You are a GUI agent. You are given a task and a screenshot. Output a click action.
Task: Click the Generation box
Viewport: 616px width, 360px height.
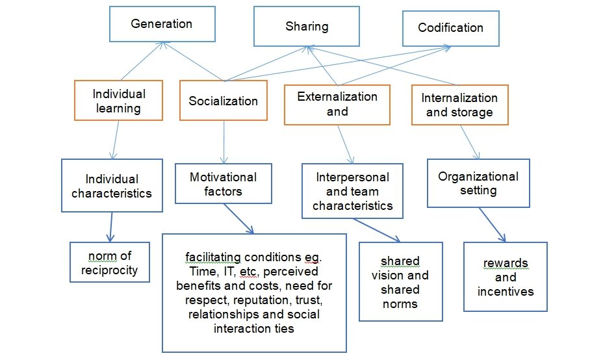pos(161,25)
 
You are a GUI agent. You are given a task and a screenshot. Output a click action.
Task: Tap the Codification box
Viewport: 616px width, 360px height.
pos(450,28)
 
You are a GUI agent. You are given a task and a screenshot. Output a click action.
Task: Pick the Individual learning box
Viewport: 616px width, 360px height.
pos(118,100)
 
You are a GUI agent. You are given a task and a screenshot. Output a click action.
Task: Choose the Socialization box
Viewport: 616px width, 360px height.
pos(223,100)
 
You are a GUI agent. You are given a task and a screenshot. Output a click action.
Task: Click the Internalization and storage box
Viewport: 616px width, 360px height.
pos(459,105)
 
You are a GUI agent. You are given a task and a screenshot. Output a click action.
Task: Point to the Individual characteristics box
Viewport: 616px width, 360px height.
pos(111,185)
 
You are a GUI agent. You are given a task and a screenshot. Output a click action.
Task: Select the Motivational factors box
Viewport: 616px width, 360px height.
pos(223,184)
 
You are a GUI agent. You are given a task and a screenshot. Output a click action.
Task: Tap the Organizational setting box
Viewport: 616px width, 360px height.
pos(478,183)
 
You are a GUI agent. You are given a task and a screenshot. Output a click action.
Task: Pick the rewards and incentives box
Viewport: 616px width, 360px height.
pos(505,277)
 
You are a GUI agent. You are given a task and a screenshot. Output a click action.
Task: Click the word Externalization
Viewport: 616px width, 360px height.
pos(337,97)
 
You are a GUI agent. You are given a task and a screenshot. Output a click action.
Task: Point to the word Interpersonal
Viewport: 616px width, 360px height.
pos(353,177)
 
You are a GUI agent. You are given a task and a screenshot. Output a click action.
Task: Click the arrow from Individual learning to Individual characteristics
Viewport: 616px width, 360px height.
pos(116,139)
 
